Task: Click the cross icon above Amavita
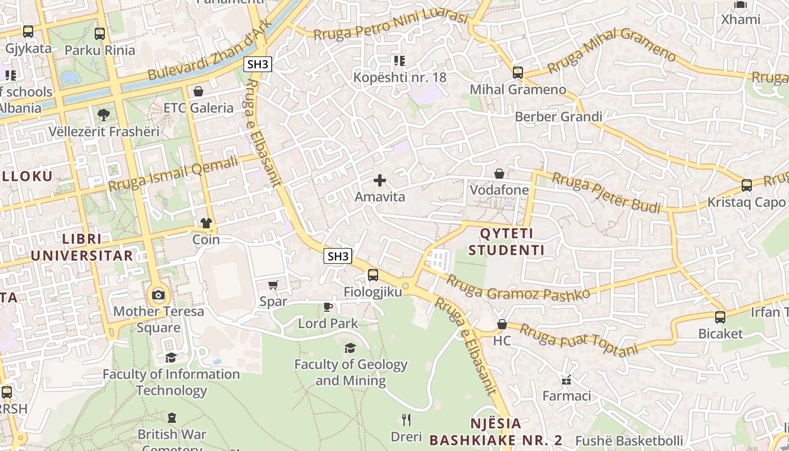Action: [380, 180]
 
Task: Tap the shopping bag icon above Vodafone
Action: [499, 174]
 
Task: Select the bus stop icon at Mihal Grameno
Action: [517, 73]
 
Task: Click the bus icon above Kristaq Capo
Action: [746, 185]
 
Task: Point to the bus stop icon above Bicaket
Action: [720, 317]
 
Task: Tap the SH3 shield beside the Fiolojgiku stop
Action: [338, 257]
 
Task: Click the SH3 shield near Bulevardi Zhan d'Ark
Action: [258, 64]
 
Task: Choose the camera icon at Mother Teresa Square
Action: [158, 294]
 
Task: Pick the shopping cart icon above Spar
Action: [273, 285]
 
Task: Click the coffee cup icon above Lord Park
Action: [327, 307]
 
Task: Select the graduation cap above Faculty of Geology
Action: [351, 348]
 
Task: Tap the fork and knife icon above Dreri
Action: [406, 419]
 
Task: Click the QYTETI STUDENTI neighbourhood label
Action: [507, 241]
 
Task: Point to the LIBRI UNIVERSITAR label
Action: [82, 247]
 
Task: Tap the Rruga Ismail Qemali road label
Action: [173, 174]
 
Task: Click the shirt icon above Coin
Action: [206, 223]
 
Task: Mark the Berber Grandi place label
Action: [558, 117]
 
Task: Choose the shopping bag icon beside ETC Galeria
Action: [198, 91]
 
